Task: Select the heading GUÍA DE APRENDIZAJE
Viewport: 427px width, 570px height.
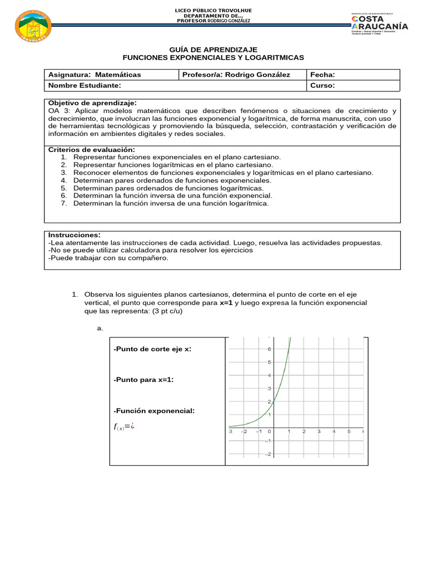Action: coord(213,50)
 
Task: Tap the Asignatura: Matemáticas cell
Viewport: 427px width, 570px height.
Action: coord(95,75)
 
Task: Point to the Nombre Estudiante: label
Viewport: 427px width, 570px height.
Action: coord(85,86)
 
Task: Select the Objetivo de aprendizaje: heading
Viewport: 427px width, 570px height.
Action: coord(92,103)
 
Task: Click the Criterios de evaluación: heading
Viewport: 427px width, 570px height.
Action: coord(92,150)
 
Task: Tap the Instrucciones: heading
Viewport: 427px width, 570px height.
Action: coord(75,235)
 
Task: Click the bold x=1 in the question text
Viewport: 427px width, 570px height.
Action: coord(229,302)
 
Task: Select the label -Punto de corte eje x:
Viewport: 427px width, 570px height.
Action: coord(152,349)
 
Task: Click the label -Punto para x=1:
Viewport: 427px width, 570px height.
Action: coord(143,380)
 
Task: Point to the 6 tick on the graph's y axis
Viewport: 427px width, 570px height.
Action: coord(269,349)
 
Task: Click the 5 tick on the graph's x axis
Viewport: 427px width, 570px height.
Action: coord(349,431)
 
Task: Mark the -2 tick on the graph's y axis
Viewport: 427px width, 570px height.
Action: coord(268,454)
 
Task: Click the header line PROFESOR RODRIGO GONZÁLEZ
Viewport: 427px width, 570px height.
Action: coord(213,21)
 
